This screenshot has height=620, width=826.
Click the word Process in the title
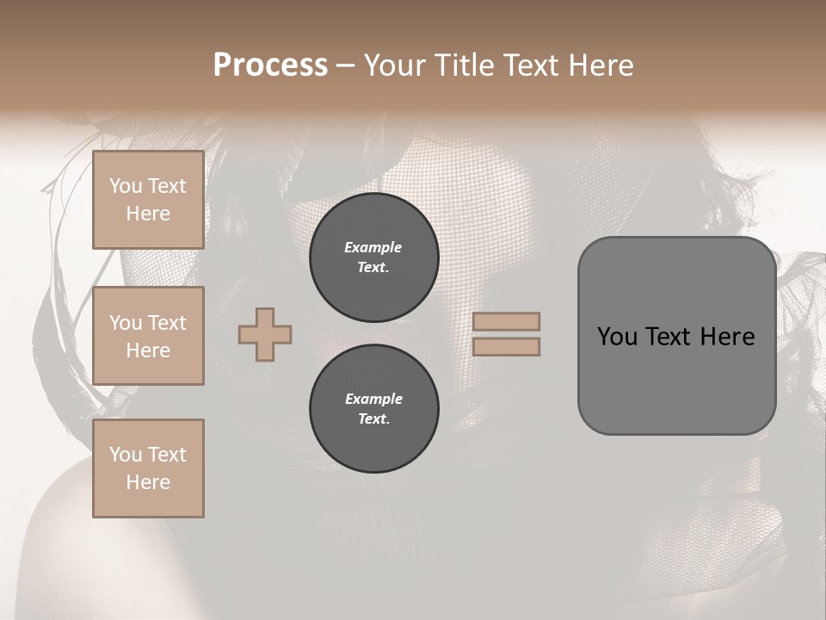click(x=270, y=65)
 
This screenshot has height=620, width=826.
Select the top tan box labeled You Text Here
click(x=148, y=200)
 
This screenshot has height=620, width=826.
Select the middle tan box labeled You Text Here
click(x=148, y=336)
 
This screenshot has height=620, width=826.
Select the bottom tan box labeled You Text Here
click(x=148, y=468)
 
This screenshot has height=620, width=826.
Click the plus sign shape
click(x=265, y=334)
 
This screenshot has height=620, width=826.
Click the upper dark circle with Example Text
click(x=373, y=257)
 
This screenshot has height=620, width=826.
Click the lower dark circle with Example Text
click(x=373, y=409)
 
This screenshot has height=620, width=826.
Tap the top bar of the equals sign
click(x=506, y=321)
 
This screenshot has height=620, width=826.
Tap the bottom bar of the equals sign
click(x=506, y=346)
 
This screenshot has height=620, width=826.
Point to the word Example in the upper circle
click(x=373, y=247)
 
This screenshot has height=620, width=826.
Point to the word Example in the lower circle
click(x=373, y=399)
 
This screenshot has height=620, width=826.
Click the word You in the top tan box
click(x=125, y=186)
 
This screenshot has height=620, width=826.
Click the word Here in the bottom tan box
click(x=148, y=482)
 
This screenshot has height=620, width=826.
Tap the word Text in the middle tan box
click(x=167, y=323)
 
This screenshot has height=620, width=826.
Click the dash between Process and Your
click(x=345, y=65)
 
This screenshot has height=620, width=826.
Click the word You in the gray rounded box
click(x=617, y=337)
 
